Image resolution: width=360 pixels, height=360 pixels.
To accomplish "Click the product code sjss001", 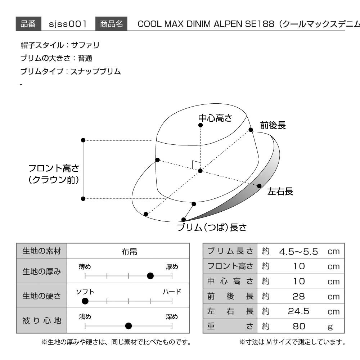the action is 68,24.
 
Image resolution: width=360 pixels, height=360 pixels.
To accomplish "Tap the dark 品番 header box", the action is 28,24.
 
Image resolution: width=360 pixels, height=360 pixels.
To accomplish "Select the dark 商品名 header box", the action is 111,24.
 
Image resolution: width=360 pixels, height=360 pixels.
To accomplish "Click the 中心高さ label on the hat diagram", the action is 215,118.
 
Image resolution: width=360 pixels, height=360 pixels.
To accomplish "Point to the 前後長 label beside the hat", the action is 273,125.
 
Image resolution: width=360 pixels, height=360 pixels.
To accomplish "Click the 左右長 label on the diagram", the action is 280,191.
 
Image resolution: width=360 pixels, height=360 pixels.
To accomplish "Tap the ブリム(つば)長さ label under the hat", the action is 212,227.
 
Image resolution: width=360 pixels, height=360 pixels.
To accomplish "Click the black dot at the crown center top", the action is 201,125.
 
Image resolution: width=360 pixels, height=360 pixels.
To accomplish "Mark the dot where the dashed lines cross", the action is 200,171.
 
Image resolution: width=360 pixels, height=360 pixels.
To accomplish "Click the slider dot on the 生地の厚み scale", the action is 150,276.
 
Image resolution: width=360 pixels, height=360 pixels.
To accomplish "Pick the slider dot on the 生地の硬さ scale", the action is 85,301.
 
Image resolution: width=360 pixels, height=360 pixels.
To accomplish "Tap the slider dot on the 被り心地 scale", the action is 129,326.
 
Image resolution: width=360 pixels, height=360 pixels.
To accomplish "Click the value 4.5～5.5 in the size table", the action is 298,252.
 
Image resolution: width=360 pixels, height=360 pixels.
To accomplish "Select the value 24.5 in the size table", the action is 298,311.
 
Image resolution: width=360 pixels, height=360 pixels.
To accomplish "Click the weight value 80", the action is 299,326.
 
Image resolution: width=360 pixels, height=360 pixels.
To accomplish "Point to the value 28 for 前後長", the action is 298,296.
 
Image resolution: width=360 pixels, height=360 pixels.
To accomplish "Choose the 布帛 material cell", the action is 129,252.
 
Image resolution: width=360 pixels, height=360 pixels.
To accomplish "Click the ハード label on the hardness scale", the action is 172,292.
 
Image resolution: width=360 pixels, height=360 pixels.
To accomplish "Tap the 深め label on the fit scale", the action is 172,316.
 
